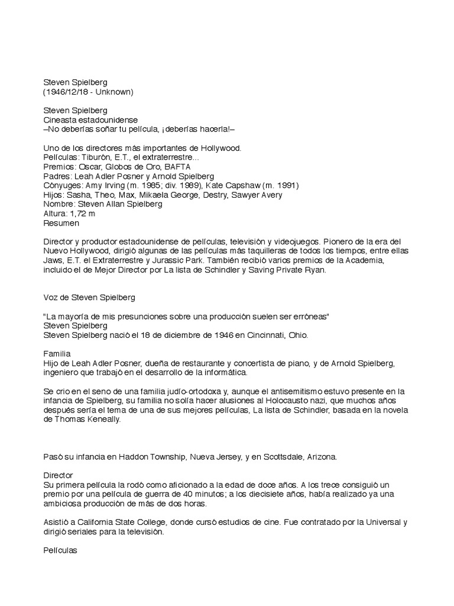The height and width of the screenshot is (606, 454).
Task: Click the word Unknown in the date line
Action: (115, 92)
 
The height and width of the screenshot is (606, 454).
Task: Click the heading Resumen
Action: (62, 223)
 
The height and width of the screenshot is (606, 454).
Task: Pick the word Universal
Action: (385, 523)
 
